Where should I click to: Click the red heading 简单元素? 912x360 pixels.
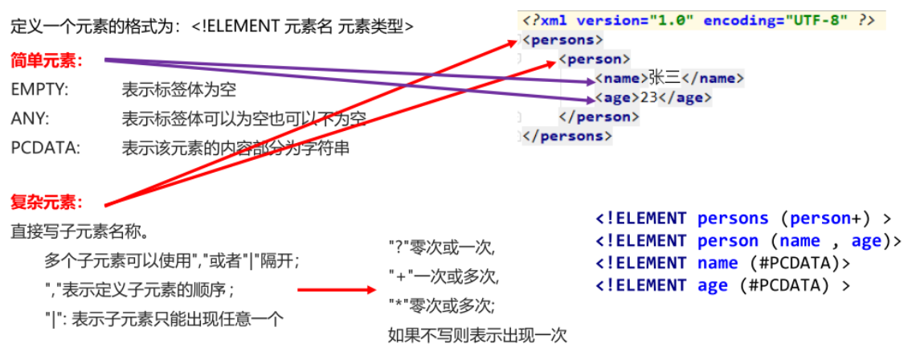[47, 60]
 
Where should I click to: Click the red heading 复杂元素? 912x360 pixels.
[47, 201]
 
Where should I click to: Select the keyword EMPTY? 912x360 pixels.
[39, 90]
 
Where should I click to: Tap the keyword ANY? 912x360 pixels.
[30, 119]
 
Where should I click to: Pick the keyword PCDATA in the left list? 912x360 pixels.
[45, 148]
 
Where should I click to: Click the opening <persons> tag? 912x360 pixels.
[562, 39]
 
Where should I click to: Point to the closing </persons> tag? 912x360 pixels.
[566, 136]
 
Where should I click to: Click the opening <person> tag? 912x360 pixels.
[595, 59]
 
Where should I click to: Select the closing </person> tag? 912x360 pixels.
[599, 117]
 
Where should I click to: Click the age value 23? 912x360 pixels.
[648, 97]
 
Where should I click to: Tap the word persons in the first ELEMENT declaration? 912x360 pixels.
[733, 219]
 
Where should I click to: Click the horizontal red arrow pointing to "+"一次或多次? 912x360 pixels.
[336, 290]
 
